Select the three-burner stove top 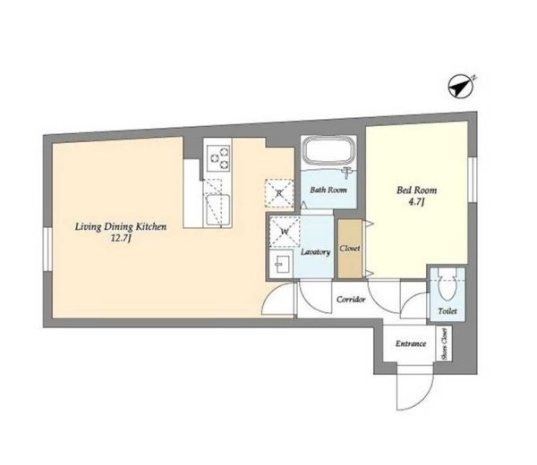coord(217,157)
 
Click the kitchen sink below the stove coord(217,209)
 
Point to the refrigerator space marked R coord(279,193)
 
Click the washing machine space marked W coord(285,232)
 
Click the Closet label coord(350,249)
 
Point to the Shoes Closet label coord(444,343)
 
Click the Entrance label coord(411,343)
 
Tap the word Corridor coord(351,300)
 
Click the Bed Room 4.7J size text coord(416,202)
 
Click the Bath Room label coord(328,190)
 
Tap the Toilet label coord(447,311)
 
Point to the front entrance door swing coord(415,388)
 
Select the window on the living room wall coord(47,249)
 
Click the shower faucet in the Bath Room coord(347,172)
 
